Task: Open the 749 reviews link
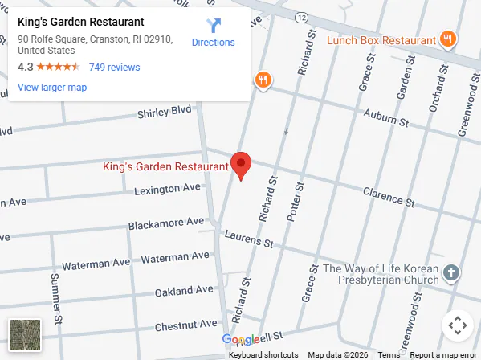coord(114,67)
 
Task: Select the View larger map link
coord(52,88)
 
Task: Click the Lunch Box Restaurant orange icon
coord(448,39)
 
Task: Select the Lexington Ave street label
coord(167,188)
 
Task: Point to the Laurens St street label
coord(249,239)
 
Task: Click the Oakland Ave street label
coord(185,290)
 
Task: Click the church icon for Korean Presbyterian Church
coord(451,273)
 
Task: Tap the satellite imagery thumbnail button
coord(24,335)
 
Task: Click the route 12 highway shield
coord(300,16)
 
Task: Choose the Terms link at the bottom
coord(389,354)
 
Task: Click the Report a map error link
coord(444,354)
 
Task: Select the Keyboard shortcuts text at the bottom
coord(263,354)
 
